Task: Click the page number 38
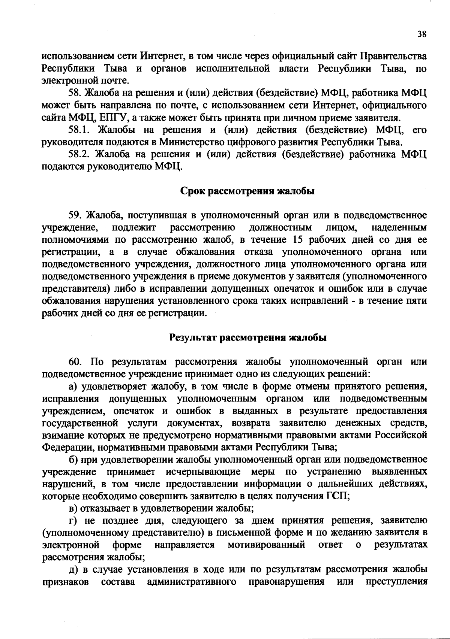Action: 422,34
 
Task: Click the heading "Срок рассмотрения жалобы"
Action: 247,191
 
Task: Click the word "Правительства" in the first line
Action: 393,57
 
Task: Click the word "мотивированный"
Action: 266,545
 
